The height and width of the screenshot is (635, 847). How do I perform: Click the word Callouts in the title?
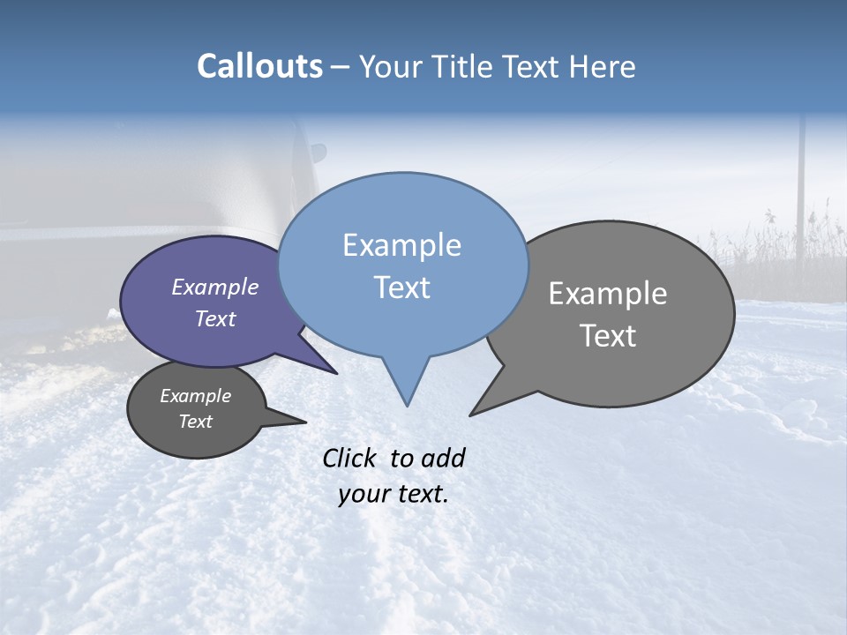coord(259,66)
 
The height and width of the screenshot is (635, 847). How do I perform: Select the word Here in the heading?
coord(600,67)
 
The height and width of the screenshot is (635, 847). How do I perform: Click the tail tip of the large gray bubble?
coord(475,412)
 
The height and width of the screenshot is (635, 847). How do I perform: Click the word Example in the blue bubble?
coord(401,245)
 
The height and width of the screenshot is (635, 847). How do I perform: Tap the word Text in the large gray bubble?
coord(608,336)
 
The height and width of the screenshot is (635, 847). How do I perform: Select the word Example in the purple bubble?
coord(214,288)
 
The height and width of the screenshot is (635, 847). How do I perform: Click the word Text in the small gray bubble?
coord(195,422)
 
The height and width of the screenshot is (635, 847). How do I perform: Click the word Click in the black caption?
coord(351,458)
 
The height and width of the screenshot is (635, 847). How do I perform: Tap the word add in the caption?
coord(442,458)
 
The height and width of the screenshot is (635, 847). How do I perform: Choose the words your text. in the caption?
coord(394,494)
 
